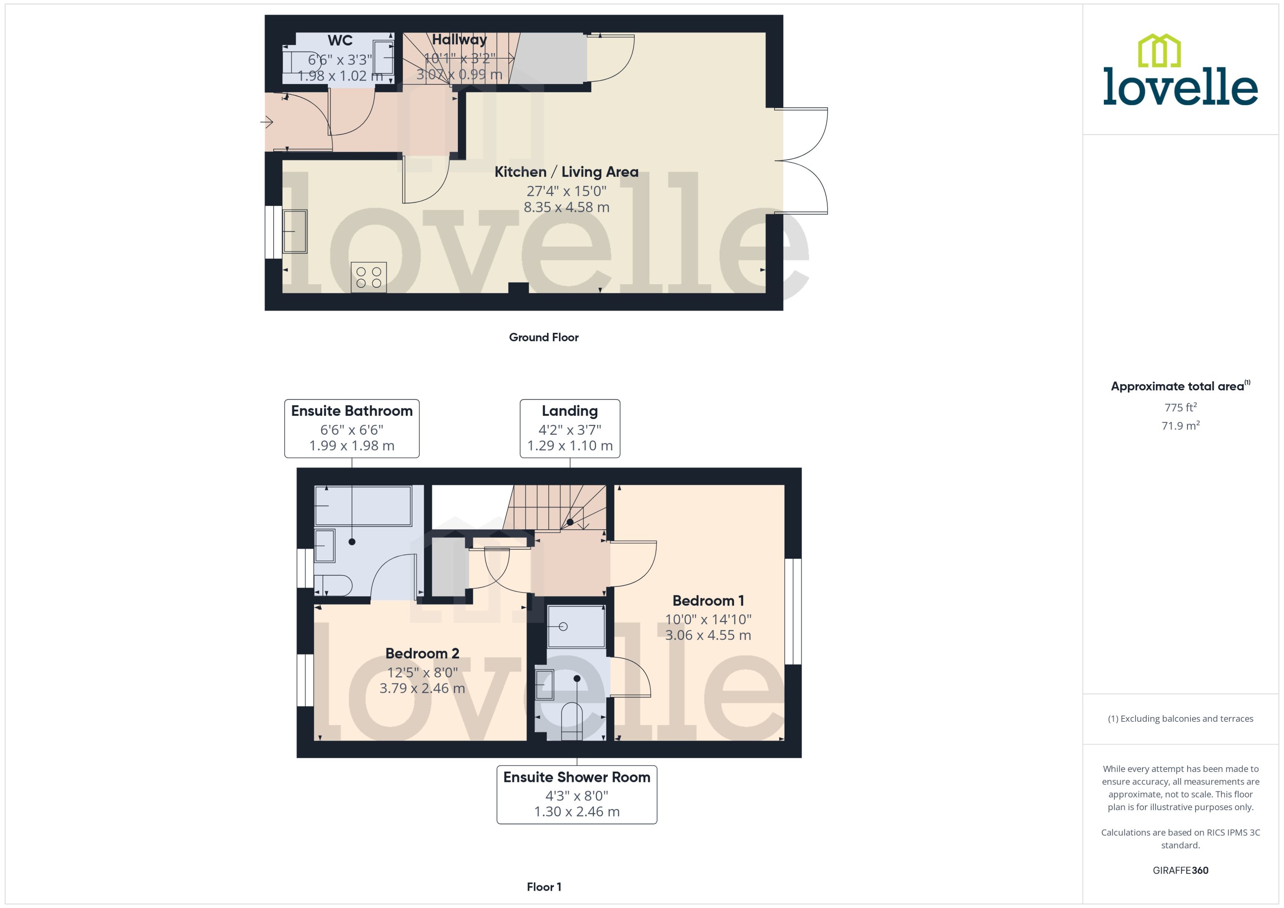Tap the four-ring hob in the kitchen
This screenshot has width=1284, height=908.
pos(369,277)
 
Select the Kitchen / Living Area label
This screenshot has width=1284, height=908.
pos(566,172)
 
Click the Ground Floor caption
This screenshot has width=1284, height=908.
pos(543,337)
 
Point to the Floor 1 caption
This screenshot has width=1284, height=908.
pos(544,887)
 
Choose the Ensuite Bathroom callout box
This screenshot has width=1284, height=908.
pos(351,428)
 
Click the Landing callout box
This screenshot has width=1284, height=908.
pos(570,428)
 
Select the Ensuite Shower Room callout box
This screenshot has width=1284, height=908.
pos(576,794)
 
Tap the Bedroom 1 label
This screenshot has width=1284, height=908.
pos(708,601)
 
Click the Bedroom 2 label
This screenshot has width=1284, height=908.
pos(422,654)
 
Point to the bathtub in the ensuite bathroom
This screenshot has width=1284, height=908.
pos(363,506)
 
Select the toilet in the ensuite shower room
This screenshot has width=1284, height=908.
pos(571,722)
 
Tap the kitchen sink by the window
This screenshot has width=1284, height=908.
pos(295,231)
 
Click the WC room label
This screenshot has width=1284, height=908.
pos(340,41)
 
